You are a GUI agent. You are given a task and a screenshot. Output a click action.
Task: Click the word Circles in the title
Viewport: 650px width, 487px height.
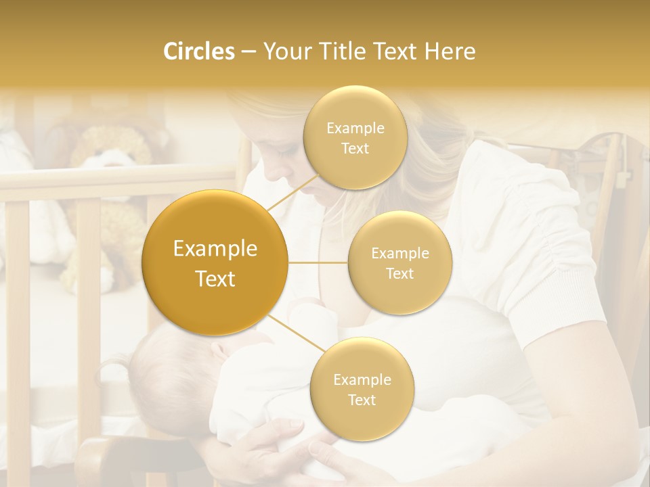pyautogui.click(x=198, y=51)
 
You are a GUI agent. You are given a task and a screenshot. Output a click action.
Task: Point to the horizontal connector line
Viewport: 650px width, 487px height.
pyautogui.click(x=318, y=262)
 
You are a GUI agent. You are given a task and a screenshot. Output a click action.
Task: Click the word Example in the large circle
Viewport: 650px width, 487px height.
pyautogui.click(x=215, y=249)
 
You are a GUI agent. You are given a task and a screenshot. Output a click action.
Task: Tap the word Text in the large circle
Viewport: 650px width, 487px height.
pyautogui.click(x=215, y=279)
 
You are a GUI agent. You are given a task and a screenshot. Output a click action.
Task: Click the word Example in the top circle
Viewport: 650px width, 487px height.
pyautogui.click(x=355, y=129)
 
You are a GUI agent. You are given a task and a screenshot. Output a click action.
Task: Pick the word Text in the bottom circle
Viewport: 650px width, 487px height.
pyautogui.click(x=362, y=400)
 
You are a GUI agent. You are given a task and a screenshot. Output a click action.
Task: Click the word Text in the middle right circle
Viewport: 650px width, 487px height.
pyautogui.click(x=399, y=273)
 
